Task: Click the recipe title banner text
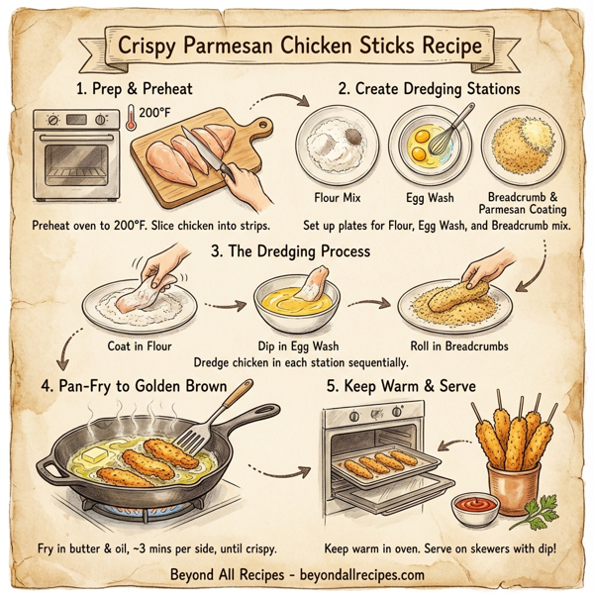pyautogui.click(x=297, y=47)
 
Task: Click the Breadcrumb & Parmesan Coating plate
pyautogui.click(x=522, y=147)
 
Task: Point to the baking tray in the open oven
pyautogui.click(x=381, y=465)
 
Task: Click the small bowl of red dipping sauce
pyautogui.click(x=475, y=507)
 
